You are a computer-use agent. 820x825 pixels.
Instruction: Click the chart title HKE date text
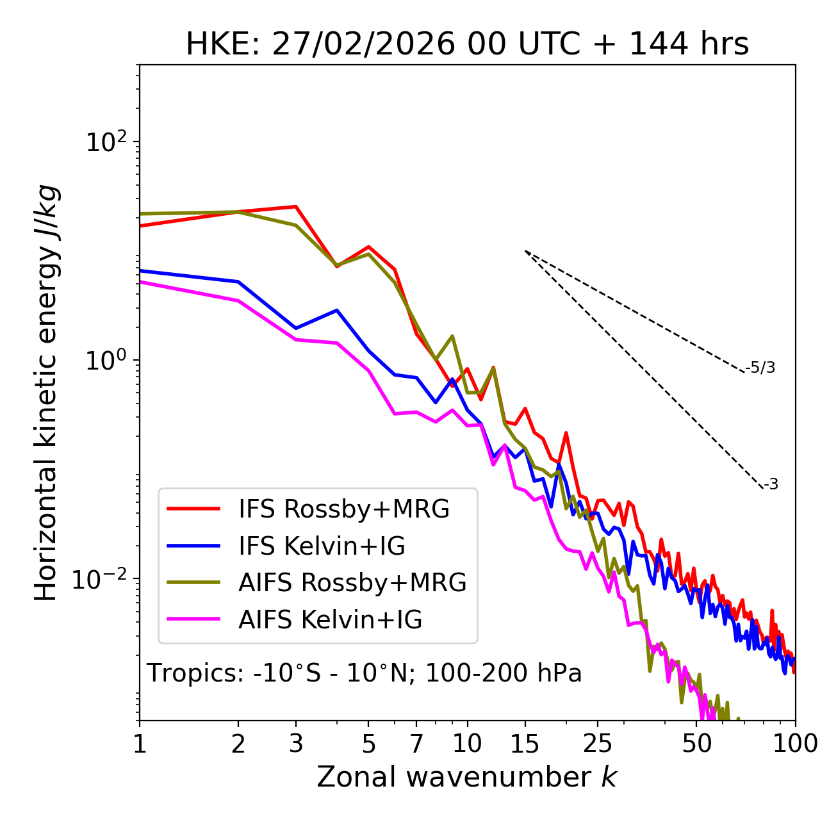pos(467,45)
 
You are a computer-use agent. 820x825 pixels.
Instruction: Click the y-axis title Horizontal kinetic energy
pos(47,393)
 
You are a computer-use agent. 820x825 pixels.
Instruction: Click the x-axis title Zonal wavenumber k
pos(466,777)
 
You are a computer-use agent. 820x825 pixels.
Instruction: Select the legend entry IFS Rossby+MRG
pos(343,509)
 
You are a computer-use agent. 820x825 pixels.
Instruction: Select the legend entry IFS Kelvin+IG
pos(322,546)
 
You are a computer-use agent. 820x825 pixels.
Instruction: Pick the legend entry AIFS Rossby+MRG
pos(352,583)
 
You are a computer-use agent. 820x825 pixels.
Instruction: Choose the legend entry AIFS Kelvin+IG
pos(330,620)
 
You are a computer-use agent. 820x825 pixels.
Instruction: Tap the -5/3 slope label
pos(760,368)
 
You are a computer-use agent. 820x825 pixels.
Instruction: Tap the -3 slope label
pos(771,485)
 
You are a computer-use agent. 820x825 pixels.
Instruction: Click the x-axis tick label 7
pos(416,744)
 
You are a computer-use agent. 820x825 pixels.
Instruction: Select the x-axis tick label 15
pos(525,744)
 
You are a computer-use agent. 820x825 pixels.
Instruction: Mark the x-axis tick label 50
pos(697,744)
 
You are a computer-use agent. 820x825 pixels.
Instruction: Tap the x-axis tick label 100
pos(795,744)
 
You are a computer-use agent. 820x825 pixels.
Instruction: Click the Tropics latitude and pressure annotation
pos(364,673)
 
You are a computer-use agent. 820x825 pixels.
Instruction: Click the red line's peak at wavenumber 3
pos(295,206)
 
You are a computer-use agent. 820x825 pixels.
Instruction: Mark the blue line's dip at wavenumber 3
pos(295,329)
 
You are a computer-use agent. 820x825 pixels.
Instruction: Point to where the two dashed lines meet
pos(525,250)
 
